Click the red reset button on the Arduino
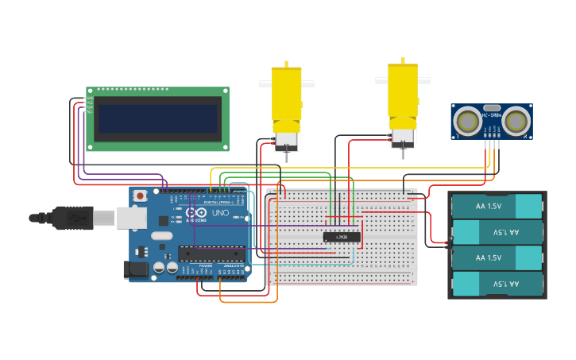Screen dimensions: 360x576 pyautogui.click(x=141, y=195)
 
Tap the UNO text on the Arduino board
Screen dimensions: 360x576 pyautogui.click(x=220, y=214)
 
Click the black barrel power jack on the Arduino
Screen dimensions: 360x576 pyautogui.click(x=137, y=270)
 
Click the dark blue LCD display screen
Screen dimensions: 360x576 pyautogui.click(x=157, y=119)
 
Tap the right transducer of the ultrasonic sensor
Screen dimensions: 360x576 pyautogui.click(x=517, y=122)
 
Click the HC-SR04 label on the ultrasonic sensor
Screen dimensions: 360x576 pyautogui.click(x=492, y=116)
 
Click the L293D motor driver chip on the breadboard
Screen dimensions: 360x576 pyautogui.click(x=342, y=237)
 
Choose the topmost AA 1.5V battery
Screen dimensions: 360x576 pyautogui.click(x=497, y=206)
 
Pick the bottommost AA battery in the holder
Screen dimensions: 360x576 pyautogui.click(x=497, y=284)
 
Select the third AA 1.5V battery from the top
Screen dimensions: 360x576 pyautogui.click(x=497, y=258)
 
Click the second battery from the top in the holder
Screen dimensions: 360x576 pyautogui.click(x=497, y=232)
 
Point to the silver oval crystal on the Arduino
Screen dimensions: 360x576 pyautogui.click(x=161, y=235)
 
